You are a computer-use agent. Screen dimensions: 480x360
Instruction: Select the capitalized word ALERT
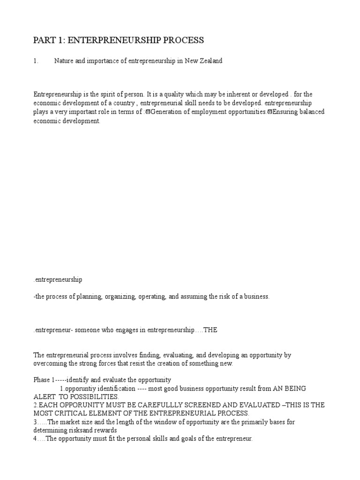(x=44, y=397)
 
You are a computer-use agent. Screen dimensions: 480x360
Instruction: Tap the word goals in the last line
(x=175, y=439)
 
